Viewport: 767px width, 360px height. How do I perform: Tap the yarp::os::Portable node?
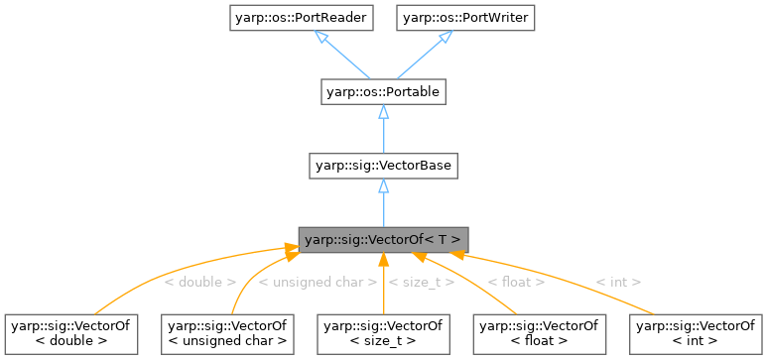[x=383, y=92]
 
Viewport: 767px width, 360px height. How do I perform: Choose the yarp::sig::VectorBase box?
[x=383, y=166]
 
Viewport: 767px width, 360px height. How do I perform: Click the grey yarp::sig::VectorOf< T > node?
[x=383, y=239]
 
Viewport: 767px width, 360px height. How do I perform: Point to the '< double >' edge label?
[x=199, y=283]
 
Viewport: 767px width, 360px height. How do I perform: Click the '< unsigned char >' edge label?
[x=318, y=283]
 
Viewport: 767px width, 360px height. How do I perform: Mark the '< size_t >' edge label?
[x=422, y=283]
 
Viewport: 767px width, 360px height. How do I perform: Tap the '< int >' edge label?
[x=618, y=283]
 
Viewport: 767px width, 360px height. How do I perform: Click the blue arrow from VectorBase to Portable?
[x=383, y=129]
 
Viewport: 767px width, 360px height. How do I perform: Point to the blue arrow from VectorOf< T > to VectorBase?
[x=383, y=202]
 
